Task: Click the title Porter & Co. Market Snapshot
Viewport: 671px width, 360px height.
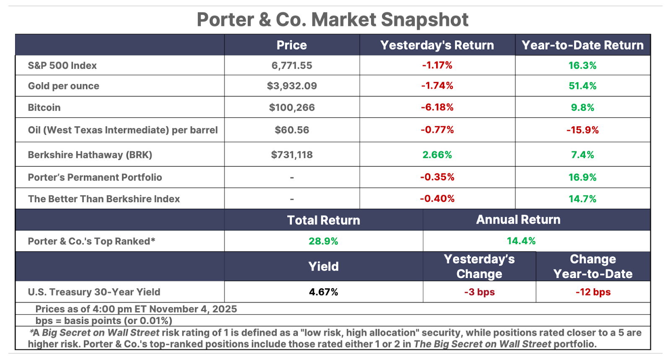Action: pyautogui.click(x=333, y=20)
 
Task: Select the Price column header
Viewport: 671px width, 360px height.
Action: pyautogui.click(x=291, y=45)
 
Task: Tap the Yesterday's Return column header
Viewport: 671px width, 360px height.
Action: pyautogui.click(x=437, y=45)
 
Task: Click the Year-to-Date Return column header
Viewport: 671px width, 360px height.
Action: pyautogui.click(x=583, y=45)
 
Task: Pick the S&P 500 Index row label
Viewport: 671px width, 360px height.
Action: pyautogui.click(x=62, y=65)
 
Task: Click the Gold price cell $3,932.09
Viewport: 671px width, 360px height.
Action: pyautogui.click(x=292, y=86)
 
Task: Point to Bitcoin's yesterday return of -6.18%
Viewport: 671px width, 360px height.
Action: pyautogui.click(x=437, y=107)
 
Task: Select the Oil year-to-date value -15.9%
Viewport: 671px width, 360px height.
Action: pyautogui.click(x=583, y=130)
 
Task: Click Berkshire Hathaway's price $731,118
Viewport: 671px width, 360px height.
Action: pyautogui.click(x=292, y=155)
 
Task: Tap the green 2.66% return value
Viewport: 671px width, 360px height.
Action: pyautogui.click(x=437, y=155)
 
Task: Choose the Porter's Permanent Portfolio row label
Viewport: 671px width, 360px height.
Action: pyautogui.click(x=95, y=177)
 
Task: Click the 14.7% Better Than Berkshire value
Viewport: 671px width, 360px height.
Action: pyautogui.click(x=583, y=199)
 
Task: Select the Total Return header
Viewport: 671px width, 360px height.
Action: pyautogui.click(x=323, y=220)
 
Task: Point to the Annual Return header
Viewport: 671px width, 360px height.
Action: pyautogui.click(x=518, y=219)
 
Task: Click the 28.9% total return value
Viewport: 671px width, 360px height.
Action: pyautogui.click(x=323, y=241)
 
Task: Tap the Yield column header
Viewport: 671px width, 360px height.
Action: pyautogui.click(x=323, y=266)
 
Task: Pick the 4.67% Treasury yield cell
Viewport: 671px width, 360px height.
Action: pyautogui.click(x=323, y=292)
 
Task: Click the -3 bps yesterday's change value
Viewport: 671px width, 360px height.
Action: pyautogui.click(x=479, y=292)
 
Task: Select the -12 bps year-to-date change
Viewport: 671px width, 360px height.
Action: pyautogui.click(x=593, y=292)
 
